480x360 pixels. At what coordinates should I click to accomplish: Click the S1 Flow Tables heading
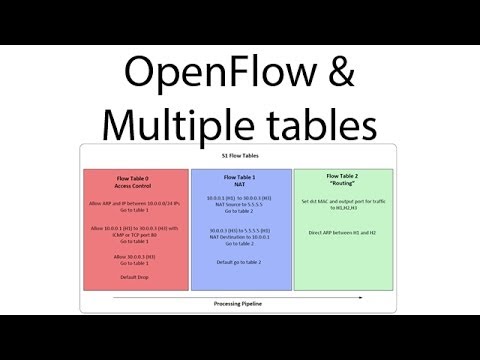pos(240,157)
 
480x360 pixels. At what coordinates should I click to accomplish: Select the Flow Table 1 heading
pos(238,176)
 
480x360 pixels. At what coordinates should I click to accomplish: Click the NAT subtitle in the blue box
pos(238,183)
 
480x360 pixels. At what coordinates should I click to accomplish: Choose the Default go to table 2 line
pos(238,261)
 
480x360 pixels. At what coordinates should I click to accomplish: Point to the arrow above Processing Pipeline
pos(240,294)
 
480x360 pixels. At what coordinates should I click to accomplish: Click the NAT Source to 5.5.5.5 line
pos(238,205)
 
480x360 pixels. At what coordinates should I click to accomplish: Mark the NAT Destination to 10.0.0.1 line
pos(238,237)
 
